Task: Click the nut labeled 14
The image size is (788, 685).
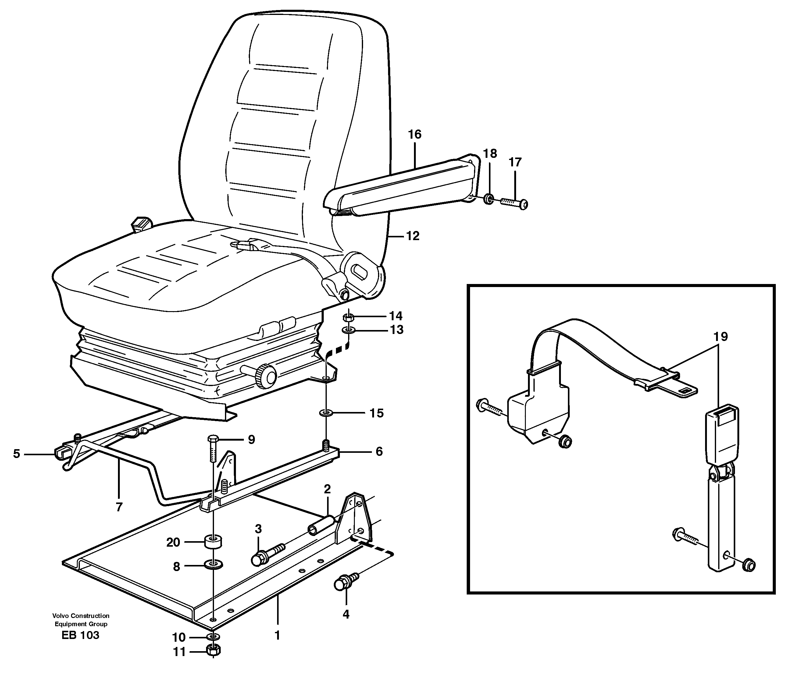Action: coord(348,317)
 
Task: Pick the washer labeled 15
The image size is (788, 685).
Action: coord(325,413)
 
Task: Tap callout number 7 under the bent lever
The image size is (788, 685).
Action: coord(119,507)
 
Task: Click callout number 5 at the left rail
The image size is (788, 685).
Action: coord(16,454)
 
